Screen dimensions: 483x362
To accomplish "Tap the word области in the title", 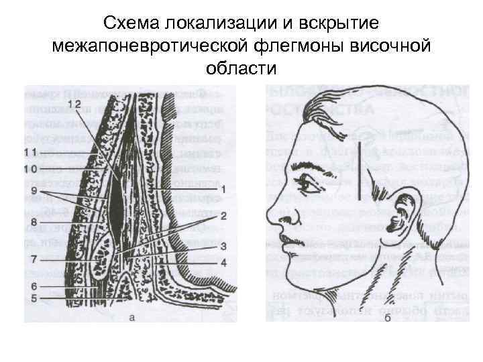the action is click(241, 68).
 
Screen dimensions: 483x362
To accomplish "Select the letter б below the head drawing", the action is click(388, 318).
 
